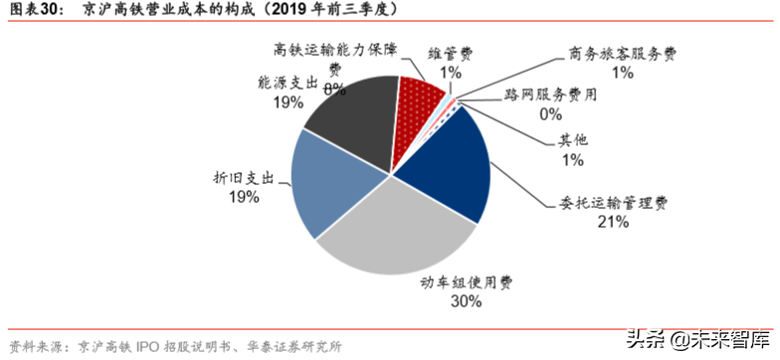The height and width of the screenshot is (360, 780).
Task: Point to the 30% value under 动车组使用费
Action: [x=467, y=301]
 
